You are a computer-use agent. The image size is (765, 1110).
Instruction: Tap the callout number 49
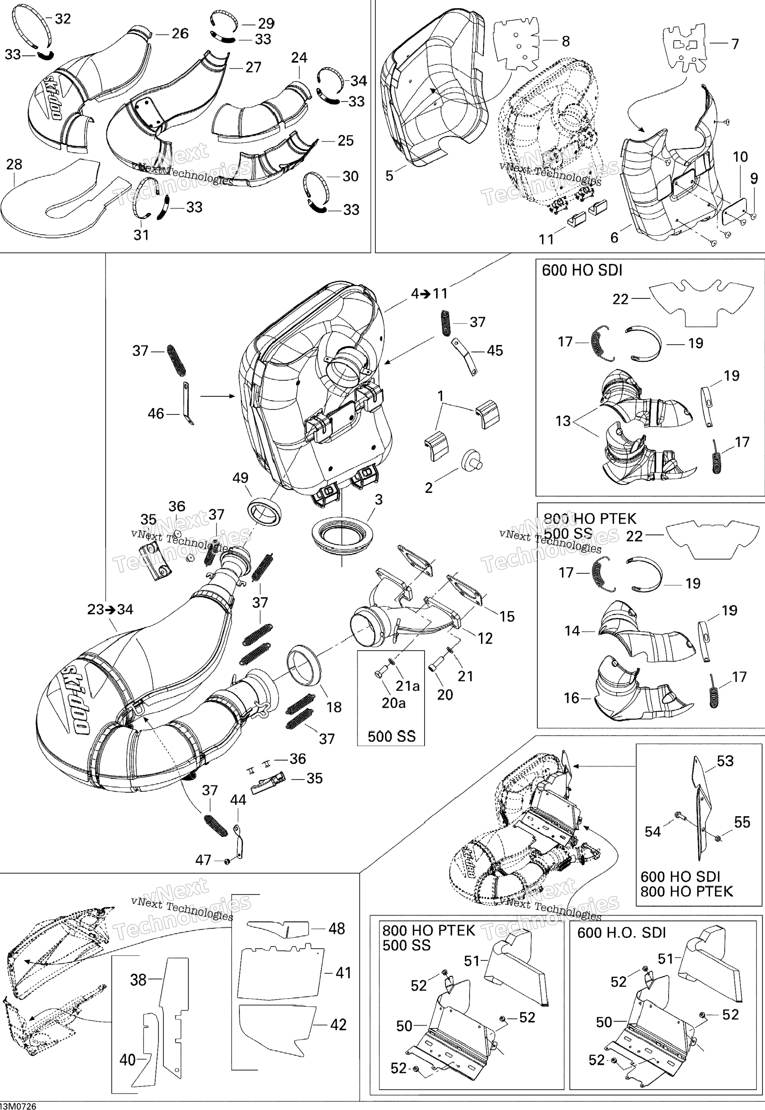coord(240,478)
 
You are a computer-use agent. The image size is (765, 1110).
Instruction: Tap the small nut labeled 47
coord(227,862)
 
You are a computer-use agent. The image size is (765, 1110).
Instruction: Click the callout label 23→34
coord(110,609)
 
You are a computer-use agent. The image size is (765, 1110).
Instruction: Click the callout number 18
coord(334,707)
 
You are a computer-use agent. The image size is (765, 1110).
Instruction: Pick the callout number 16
coord(572,698)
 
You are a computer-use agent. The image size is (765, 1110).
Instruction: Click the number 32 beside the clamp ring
coord(63,19)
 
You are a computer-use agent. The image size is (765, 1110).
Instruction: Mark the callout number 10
coord(741,157)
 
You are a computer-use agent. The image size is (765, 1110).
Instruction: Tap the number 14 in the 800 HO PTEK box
coord(572,631)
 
